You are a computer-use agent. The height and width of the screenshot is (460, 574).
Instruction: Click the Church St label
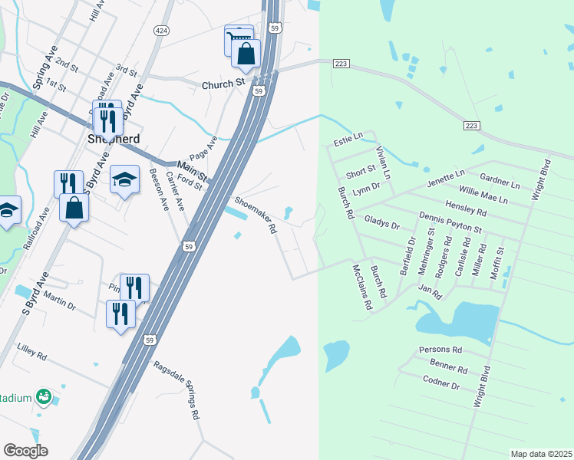pyautogui.click(x=223, y=84)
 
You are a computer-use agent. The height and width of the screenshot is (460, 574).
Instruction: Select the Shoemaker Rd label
pyautogui.click(x=256, y=215)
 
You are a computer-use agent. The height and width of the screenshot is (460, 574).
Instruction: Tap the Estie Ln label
pyautogui.click(x=348, y=142)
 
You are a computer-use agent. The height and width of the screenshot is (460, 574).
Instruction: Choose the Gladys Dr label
pyautogui.click(x=382, y=222)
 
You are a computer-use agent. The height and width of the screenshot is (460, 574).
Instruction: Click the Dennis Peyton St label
pyautogui.click(x=450, y=225)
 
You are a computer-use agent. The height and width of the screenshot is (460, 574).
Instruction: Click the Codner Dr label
pyautogui.click(x=440, y=382)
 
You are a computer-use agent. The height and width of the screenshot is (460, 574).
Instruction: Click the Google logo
pyautogui.click(x=25, y=451)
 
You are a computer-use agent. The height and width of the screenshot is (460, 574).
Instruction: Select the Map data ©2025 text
pyautogui.click(x=542, y=454)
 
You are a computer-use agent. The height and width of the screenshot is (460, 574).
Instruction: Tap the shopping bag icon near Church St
pyautogui.click(x=246, y=54)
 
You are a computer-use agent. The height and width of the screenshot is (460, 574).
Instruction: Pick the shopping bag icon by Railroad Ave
pyautogui.click(x=74, y=209)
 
